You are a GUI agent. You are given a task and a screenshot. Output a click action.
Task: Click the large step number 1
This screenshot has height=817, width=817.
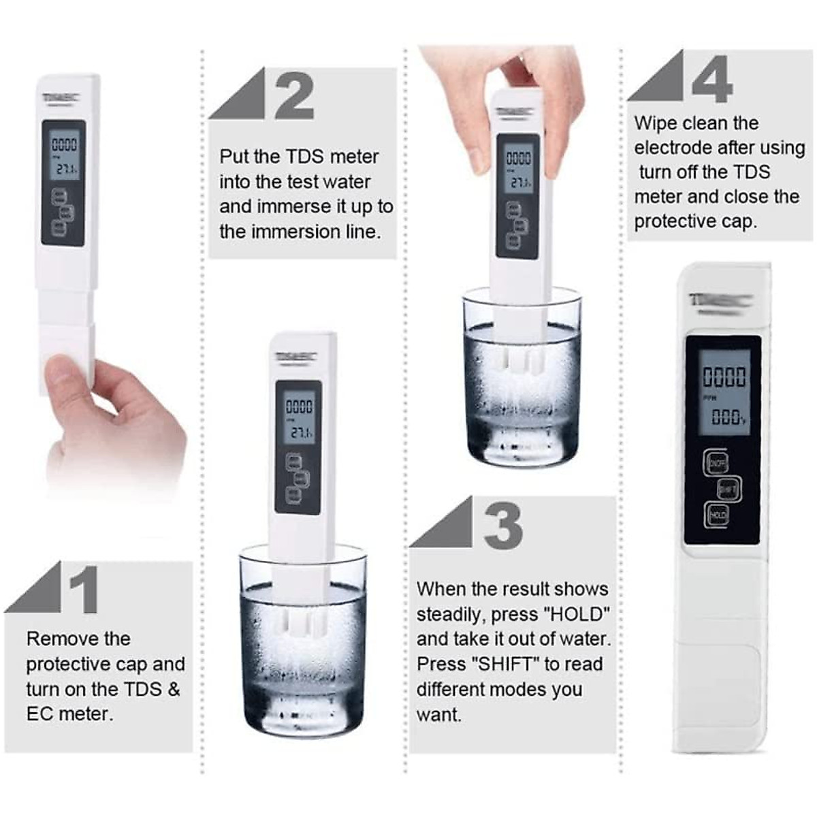pyautogui.click(x=83, y=590)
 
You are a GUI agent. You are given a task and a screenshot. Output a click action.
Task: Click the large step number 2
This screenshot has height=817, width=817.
pyautogui.click(x=294, y=96)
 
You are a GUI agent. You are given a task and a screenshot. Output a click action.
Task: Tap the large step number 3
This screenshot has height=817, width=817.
pyautogui.click(x=503, y=525)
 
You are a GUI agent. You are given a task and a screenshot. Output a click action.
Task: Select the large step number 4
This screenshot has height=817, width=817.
pyautogui.click(x=712, y=79)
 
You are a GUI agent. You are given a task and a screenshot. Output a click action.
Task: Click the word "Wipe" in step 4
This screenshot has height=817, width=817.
pyautogui.click(x=656, y=123)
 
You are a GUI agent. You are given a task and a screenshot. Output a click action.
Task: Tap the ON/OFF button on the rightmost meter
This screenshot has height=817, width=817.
pyautogui.click(x=716, y=464)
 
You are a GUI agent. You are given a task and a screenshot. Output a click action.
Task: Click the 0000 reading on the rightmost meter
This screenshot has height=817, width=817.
pyautogui.click(x=724, y=377)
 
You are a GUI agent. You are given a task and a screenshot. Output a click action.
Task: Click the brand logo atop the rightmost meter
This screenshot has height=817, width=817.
pyautogui.click(x=719, y=301)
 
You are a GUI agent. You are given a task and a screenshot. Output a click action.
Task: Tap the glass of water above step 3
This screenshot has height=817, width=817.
pyautogui.click(x=522, y=381)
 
